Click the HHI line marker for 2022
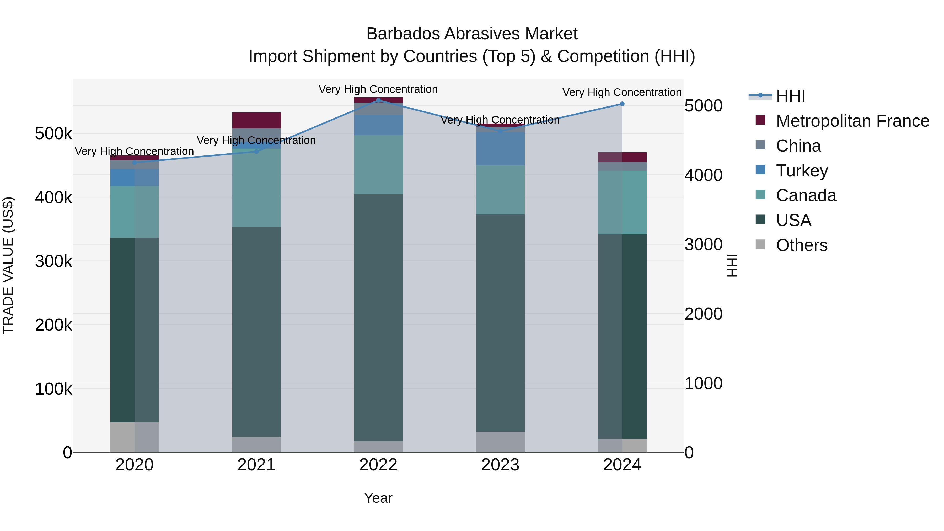coord(378,100)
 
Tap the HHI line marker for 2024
coord(622,104)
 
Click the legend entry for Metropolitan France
coord(852,121)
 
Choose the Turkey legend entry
coord(802,171)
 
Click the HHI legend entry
coord(790,96)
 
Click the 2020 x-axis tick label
coord(135,465)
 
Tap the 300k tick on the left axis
coord(53,261)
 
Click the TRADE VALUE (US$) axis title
coord(8,265)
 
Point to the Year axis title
coord(378,498)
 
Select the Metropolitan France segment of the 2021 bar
coord(256,121)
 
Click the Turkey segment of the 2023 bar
coord(500,148)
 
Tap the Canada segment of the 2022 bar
coord(378,164)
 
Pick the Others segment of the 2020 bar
coord(135,437)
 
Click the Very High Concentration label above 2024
coord(622,92)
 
